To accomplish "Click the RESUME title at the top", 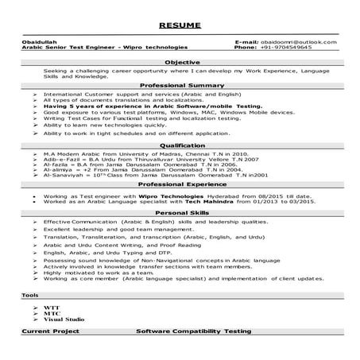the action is click(180, 26).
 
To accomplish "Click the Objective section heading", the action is click(180, 61).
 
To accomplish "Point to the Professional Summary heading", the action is click(180, 84).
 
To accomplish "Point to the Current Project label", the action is click(48, 329).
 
